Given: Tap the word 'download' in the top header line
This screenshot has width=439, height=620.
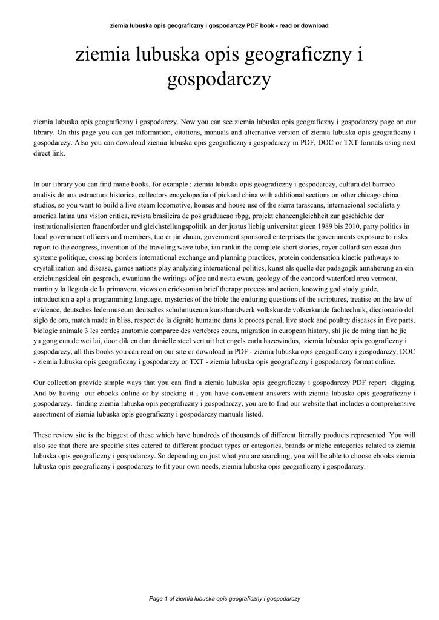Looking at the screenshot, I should point(314,25).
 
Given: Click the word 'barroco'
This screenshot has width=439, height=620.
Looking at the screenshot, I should point(385,184).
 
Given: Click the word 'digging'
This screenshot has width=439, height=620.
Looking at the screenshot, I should point(403,383).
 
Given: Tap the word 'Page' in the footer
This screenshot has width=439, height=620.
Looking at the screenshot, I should point(156,599).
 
